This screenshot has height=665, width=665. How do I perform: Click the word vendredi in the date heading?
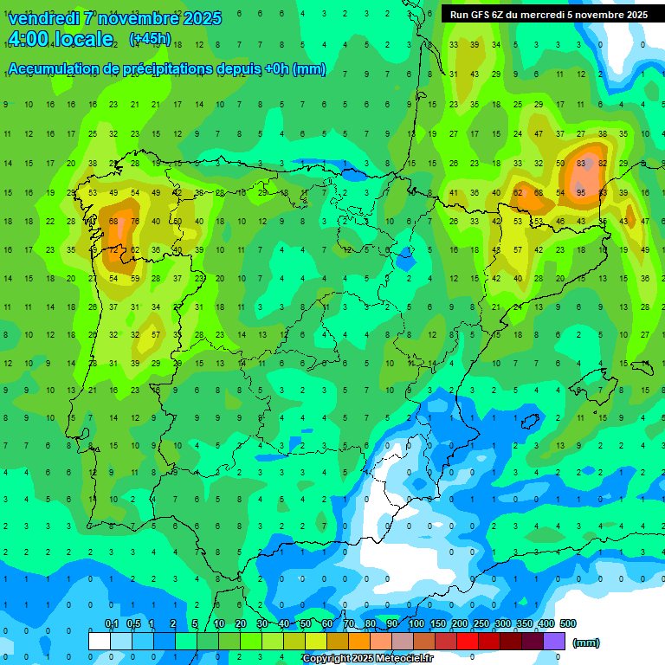click(44, 18)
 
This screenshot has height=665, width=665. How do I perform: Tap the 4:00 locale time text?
click(61, 39)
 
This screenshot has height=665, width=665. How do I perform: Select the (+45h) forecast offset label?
click(150, 39)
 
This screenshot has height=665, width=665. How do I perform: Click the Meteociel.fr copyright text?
click(367, 658)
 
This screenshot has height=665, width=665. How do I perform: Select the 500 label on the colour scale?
click(568, 623)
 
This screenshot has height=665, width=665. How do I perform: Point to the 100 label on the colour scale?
click(416, 623)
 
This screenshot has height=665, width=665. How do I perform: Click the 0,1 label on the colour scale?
click(112, 623)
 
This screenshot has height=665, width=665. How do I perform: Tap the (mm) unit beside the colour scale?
click(586, 642)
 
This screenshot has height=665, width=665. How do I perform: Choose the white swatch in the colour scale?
click(100, 641)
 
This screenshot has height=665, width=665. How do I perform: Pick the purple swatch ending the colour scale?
click(554, 641)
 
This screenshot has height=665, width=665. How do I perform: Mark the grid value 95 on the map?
click(581, 192)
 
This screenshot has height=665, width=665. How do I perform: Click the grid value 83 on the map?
click(581, 163)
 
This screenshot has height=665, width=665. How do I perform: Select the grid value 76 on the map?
click(135, 222)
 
